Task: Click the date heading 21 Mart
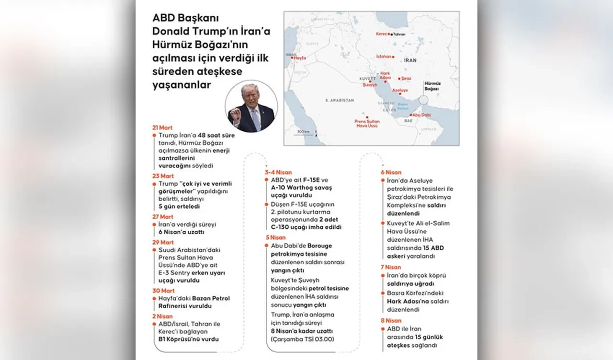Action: pos(162,128)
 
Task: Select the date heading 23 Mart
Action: pos(163,176)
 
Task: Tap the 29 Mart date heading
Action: pos(163,242)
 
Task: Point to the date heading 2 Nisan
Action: pos(162,316)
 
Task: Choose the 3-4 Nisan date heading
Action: pos(278,172)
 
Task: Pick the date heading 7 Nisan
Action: pos(391,267)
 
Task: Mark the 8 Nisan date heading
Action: pos(391,321)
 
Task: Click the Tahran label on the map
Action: pos(399,34)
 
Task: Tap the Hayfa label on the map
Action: pos(299,57)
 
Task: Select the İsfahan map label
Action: pos(383,56)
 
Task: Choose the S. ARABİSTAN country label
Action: pos(339,100)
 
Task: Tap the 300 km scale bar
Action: pos(303,135)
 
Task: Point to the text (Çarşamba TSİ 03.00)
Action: pos(302,339)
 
